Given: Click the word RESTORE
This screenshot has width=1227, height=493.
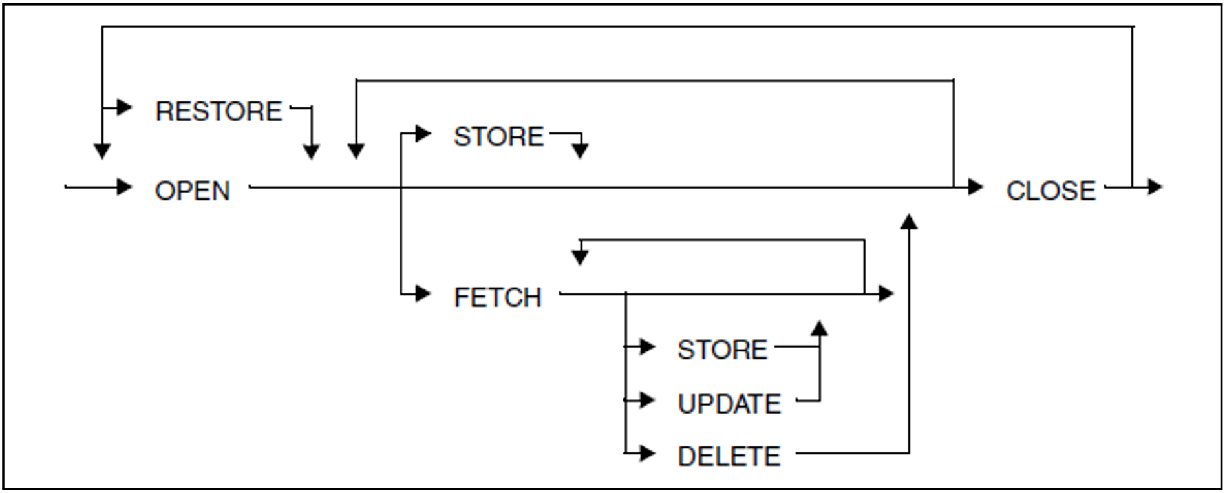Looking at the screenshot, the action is (x=219, y=111).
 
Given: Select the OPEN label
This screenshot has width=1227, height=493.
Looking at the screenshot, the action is (x=192, y=191).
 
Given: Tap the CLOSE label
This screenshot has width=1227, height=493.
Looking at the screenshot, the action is (x=1051, y=191).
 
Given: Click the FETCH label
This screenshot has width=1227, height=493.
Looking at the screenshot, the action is (x=497, y=297).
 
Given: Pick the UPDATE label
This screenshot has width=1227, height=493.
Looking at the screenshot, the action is (x=729, y=404).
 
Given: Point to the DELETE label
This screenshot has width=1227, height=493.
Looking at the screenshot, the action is (x=729, y=456).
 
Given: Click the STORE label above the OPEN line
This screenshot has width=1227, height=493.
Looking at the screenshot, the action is (x=498, y=136).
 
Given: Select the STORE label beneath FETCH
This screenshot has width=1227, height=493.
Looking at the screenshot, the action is (x=722, y=350).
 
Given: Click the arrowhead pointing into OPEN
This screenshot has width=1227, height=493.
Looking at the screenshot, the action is (x=124, y=188).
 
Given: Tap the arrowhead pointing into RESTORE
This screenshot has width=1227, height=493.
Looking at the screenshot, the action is (x=124, y=107).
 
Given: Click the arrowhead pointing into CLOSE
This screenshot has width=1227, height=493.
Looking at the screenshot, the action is (x=975, y=188).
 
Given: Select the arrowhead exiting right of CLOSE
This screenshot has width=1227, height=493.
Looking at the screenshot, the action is (x=1154, y=188).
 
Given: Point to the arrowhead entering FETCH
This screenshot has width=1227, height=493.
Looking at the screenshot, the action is (x=423, y=295).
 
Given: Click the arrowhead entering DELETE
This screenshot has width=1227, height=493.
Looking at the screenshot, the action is (x=648, y=454).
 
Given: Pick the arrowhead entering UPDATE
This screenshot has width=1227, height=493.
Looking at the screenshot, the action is (x=648, y=401).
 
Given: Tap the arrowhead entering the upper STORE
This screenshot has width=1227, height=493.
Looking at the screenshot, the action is (x=423, y=134).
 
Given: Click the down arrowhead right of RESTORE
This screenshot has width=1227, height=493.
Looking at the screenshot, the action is (x=312, y=152).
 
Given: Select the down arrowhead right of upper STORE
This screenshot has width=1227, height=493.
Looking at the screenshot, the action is (x=581, y=151).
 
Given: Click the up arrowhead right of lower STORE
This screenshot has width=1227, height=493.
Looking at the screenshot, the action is (x=820, y=328).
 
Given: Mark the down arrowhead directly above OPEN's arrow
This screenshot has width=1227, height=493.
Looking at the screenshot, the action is (x=102, y=151).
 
